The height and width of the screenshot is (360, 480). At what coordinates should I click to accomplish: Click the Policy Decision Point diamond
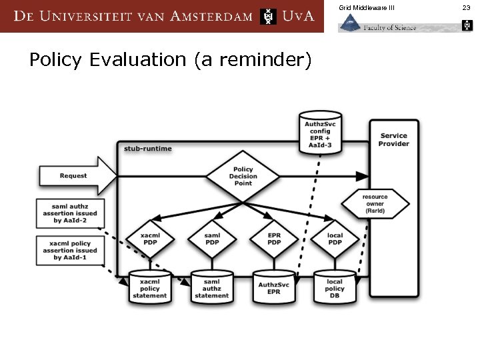click(x=242, y=176)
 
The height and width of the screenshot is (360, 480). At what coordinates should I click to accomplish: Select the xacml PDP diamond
click(x=151, y=239)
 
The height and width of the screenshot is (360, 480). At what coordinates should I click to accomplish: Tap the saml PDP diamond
click(x=212, y=239)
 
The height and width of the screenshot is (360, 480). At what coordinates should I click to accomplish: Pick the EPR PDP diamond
click(x=273, y=239)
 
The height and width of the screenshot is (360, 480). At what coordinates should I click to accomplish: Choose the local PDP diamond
click(x=335, y=239)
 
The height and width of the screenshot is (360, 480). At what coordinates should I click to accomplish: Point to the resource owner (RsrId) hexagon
click(x=375, y=204)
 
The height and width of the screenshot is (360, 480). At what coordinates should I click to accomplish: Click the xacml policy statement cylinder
click(x=150, y=288)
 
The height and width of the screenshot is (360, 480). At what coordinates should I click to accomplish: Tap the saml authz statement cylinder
click(x=211, y=288)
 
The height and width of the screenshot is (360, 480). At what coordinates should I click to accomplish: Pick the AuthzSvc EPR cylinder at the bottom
click(x=273, y=288)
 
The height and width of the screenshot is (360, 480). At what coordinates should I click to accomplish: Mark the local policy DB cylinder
click(x=335, y=288)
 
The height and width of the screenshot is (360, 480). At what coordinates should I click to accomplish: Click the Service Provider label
click(x=394, y=139)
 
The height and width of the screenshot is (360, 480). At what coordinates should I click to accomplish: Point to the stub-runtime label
click(x=147, y=148)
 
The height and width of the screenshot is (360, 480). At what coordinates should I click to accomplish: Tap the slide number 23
click(x=467, y=7)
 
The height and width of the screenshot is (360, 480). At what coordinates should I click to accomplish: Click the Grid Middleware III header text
click(x=367, y=7)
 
